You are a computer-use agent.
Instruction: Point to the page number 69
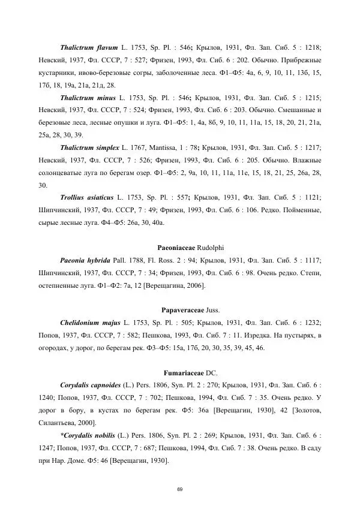(x=180, y=490)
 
